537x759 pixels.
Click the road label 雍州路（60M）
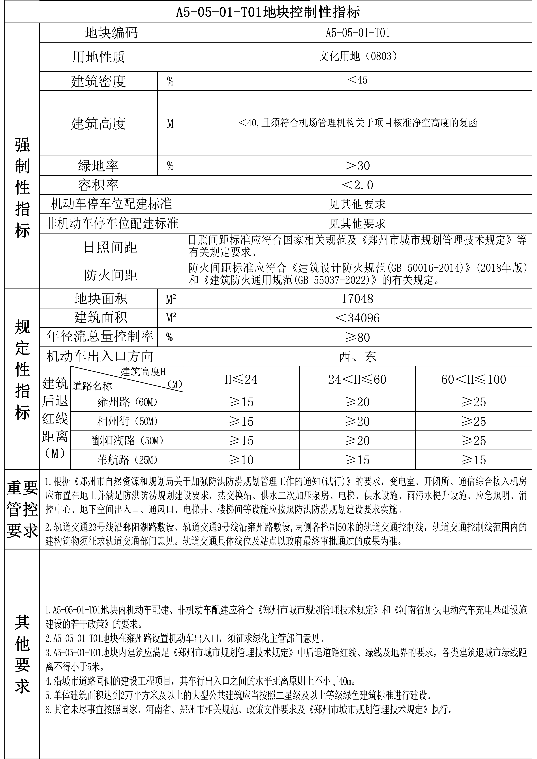[127, 402]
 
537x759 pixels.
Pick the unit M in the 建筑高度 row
[170, 124]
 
